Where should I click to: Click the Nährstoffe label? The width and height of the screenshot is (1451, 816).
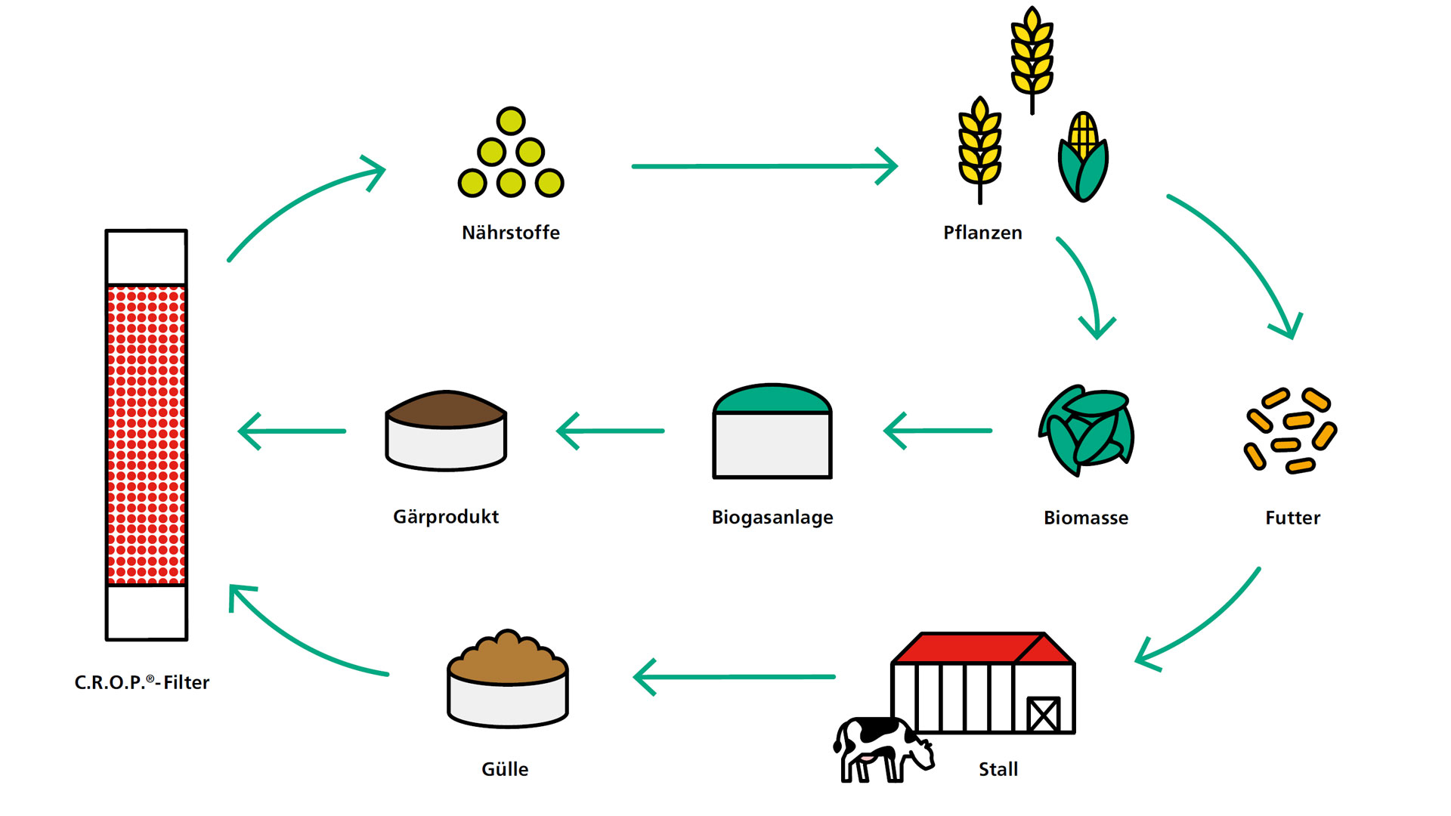pos(511,233)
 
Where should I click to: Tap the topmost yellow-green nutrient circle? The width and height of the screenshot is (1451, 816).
pos(511,121)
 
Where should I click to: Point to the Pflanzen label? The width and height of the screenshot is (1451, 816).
pos(982,233)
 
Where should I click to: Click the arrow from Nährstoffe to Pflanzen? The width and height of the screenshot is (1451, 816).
pos(763,166)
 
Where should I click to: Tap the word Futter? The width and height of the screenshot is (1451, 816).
pos(1292,518)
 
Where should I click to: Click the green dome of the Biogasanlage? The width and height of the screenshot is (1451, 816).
pos(772,399)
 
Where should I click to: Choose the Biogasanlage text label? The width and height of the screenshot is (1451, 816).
pos(772,518)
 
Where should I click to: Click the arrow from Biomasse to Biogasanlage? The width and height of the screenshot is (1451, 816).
pos(937,431)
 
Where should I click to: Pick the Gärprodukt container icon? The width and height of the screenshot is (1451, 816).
pos(446,431)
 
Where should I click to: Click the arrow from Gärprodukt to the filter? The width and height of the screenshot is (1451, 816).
pos(292,431)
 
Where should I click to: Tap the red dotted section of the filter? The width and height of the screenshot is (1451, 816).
pos(146,434)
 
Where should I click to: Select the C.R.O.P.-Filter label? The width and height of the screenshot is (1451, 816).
pos(142,682)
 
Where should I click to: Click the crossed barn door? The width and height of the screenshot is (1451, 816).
pos(1043,713)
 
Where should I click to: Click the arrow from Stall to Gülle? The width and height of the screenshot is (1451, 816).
pos(733,677)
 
